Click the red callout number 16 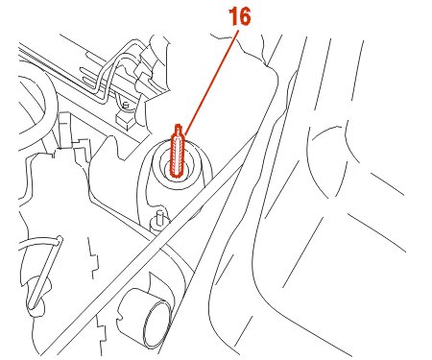coord(239,16)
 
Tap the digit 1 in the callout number coord(232,16)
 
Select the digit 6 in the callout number coord(245,17)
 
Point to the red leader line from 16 coord(211,83)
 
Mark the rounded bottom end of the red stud coord(176,174)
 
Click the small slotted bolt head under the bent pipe coord(126,105)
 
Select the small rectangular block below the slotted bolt coord(125,121)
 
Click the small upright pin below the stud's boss coord(160,218)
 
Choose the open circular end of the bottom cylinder coord(158,324)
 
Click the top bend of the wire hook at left coord(59,239)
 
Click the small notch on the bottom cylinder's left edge coord(120,318)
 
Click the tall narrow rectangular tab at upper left coord(64,130)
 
